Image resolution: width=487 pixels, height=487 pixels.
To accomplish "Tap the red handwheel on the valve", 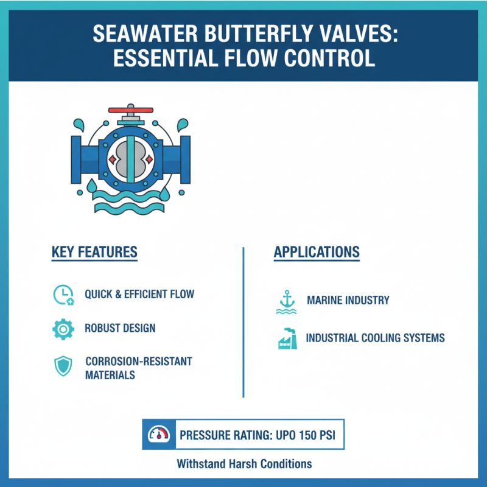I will click(x=131, y=110).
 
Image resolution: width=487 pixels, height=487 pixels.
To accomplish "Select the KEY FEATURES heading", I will click(x=94, y=252).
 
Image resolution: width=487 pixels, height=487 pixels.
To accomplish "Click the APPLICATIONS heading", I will click(x=317, y=252).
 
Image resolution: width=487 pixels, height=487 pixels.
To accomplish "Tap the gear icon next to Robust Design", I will click(x=63, y=329).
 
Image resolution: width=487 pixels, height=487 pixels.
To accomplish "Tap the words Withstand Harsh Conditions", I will click(x=244, y=464).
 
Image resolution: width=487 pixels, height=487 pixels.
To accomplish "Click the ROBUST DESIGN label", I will click(x=120, y=329).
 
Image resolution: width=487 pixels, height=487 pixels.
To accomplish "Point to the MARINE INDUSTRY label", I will click(x=348, y=301).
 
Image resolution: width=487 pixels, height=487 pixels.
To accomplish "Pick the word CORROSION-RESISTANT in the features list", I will click(x=139, y=362).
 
